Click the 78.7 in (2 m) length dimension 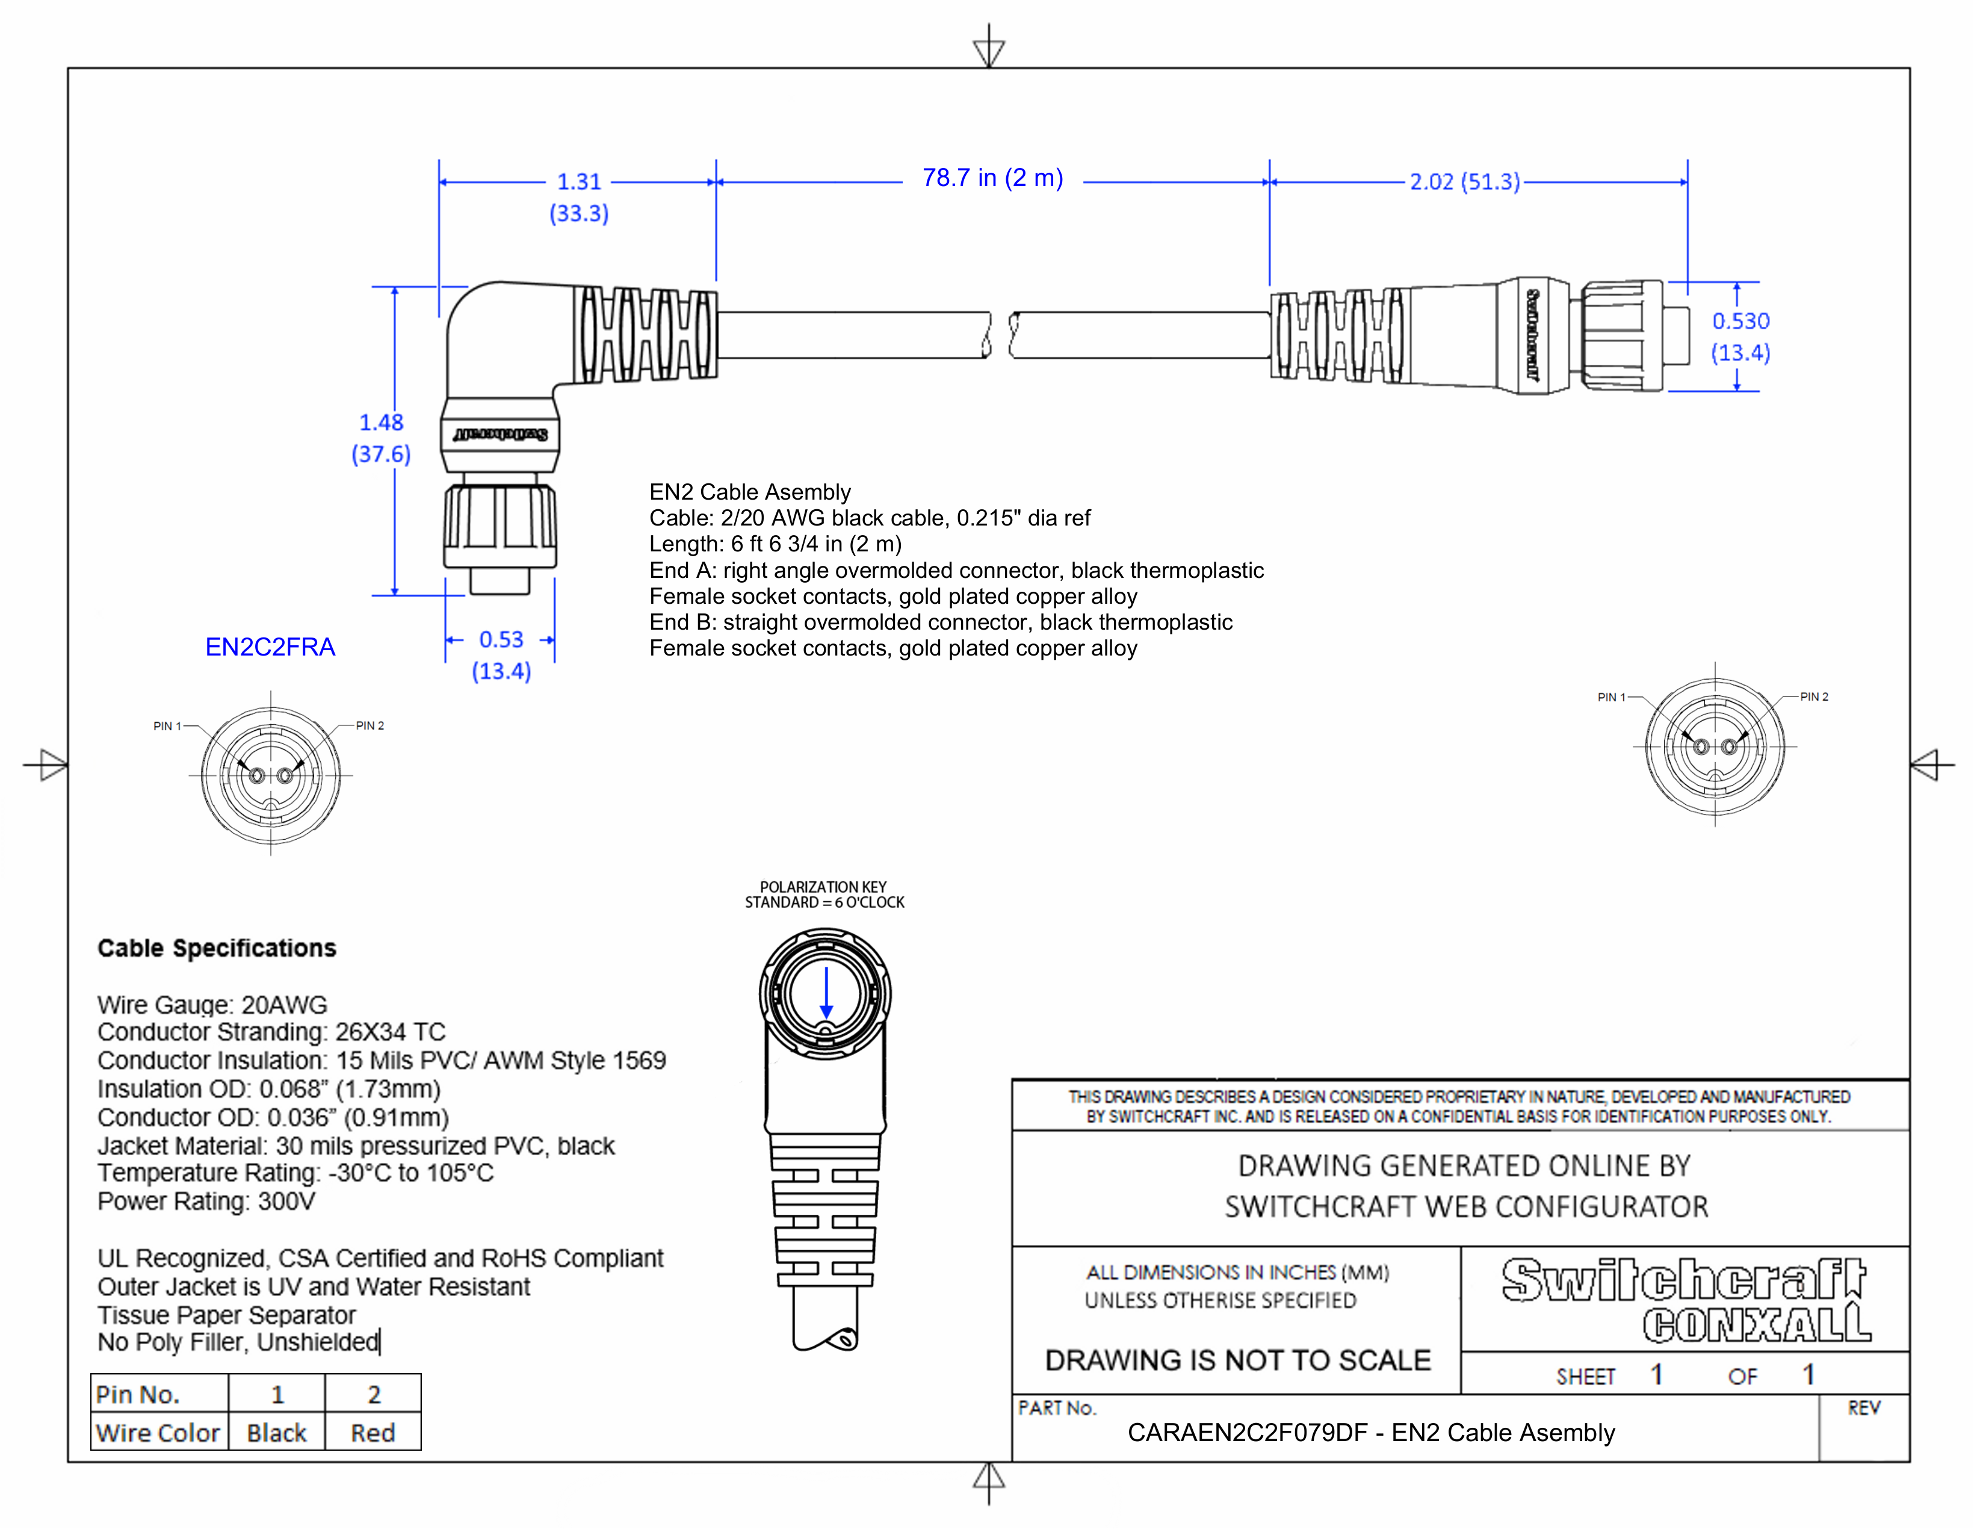[992, 178]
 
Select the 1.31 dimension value [579, 182]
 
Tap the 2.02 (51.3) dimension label [1464, 182]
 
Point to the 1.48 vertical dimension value [381, 423]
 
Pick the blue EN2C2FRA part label [270, 648]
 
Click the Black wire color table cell [276, 1433]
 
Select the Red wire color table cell [373, 1433]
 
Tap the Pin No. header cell [138, 1395]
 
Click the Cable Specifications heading [217, 949]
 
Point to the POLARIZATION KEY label [823, 887]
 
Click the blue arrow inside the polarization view [826, 993]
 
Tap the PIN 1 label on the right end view [1610, 698]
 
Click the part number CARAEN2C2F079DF [1247, 1433]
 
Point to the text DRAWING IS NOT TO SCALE [1237, 1360]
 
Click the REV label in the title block [1863, 1409]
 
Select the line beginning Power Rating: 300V [206, 1202]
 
